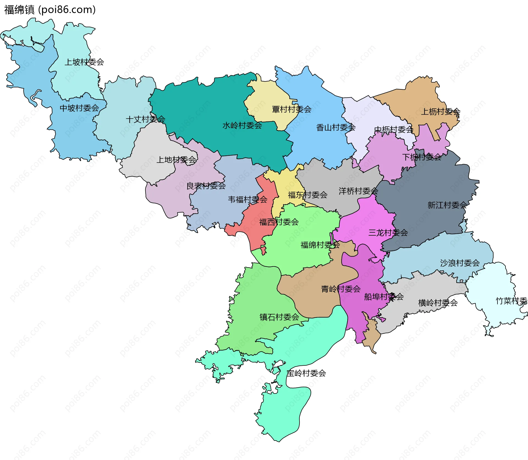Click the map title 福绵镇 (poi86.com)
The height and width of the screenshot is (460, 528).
click(50, 10)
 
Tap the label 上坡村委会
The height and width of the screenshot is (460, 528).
click(84, 62)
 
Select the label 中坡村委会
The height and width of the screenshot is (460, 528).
click(79, 108)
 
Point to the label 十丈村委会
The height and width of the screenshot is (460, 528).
click(145, 119)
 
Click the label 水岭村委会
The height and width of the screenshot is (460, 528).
click(242, 126)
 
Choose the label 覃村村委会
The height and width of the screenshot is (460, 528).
click(291, 109)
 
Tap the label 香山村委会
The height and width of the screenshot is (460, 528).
click(336, 128)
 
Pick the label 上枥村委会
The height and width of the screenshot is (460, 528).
click(441, 112)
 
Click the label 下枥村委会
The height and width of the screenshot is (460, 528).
click(422, 157)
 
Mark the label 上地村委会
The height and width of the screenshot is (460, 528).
click(176, 160)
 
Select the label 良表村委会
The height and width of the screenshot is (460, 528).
click(206, 186)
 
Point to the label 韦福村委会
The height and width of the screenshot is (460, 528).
click(248, 200)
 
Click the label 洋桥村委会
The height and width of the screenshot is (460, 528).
click(358, 191)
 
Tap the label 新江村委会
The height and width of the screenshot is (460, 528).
click(447, 205)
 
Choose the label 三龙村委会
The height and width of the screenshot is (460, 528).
click(388, 233)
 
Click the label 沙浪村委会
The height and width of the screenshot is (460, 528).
click(460, 263)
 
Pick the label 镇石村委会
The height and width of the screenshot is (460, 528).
click(279, 317)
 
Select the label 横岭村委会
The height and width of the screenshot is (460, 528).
click(438, 303)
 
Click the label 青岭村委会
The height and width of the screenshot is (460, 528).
click(341, 289)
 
